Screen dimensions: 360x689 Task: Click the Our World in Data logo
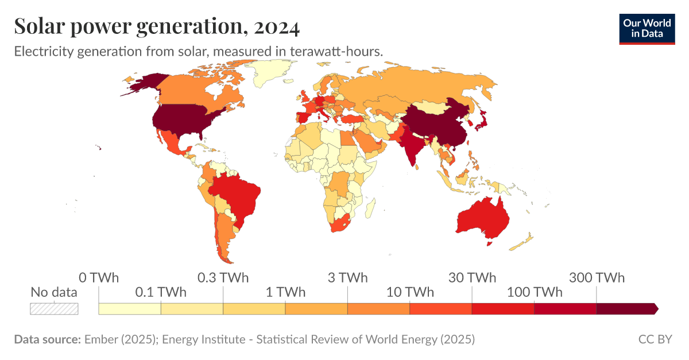(x=647, y=28)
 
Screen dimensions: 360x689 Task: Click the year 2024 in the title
(x=276, y=26)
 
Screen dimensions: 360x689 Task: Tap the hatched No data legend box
(x=54, y=308)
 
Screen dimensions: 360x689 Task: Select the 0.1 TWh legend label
(x=161, y=292)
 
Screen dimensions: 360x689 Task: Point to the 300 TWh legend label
(x=597, y=278)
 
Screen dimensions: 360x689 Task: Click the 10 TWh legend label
(x=409, y=292)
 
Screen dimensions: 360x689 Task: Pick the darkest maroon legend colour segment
(x=626, y=309)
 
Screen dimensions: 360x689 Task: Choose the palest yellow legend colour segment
(x=130, y=309)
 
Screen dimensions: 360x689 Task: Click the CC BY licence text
(x=655, y=339)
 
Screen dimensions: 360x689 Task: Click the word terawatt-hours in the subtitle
(x=336, y=51)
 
